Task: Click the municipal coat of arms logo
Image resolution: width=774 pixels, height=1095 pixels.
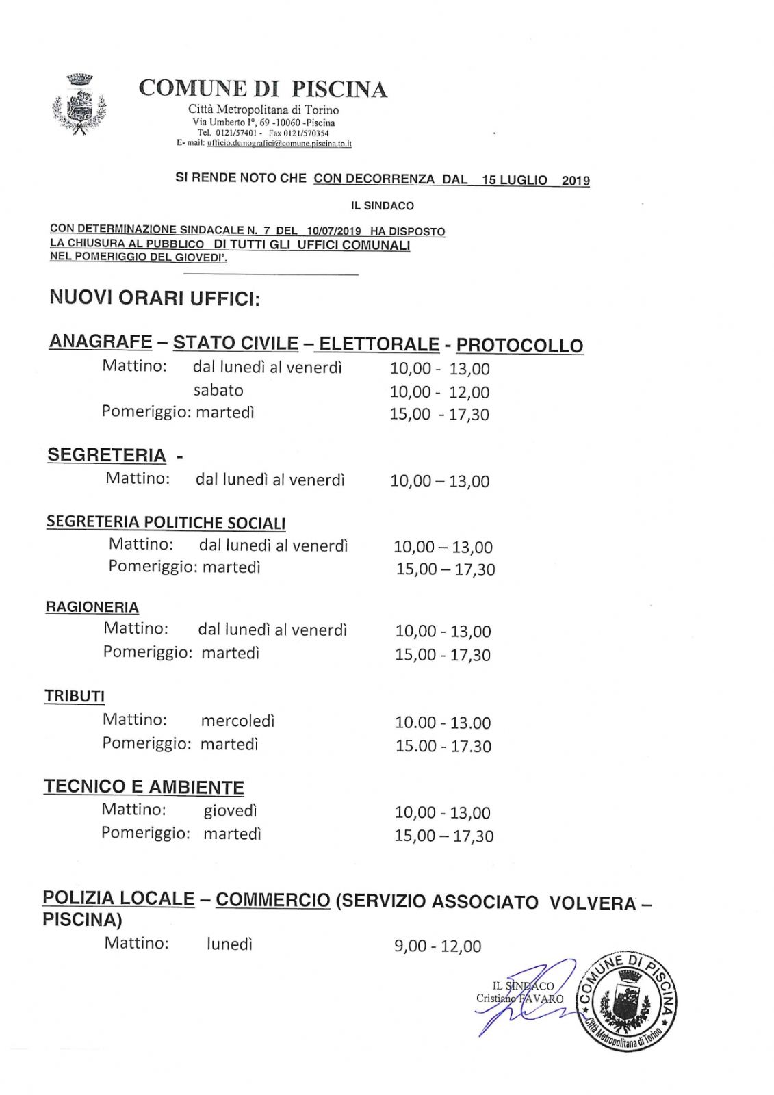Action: tap(79, 104)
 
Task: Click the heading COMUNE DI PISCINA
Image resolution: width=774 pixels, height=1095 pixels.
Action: tap(263, 89)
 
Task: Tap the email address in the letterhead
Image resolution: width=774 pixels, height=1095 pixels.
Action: tap(279, 144)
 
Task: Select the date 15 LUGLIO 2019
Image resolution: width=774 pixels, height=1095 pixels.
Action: tap(535, 180)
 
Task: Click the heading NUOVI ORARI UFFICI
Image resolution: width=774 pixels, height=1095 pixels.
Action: tap(155, 299)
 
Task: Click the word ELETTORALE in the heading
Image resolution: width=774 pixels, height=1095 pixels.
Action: tap(379, 344)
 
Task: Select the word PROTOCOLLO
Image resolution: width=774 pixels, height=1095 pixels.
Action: tap(519, 345)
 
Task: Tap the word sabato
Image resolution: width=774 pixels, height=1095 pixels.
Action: tap(218, 390)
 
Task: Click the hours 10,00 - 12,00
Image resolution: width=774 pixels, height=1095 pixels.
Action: tap(439, 392)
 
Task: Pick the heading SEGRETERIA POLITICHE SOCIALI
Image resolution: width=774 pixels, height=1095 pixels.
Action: tap(166, 523)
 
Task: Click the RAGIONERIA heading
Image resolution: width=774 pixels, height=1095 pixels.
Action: tap(92, 607)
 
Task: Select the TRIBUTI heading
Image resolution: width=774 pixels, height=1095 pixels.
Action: tap(75, 697)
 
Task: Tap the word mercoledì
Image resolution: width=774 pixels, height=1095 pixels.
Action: tap(237, 721)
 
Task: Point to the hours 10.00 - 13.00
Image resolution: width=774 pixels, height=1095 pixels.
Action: tap(443, 723)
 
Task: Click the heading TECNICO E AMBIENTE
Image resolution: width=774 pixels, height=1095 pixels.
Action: tap(144, 787)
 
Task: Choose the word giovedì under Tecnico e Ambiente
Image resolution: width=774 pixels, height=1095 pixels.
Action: tap(230, 811)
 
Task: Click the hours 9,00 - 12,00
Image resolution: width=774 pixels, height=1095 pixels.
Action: tap(437, 946)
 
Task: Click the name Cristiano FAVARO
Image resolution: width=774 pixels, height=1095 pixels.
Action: tap(519, 999)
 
